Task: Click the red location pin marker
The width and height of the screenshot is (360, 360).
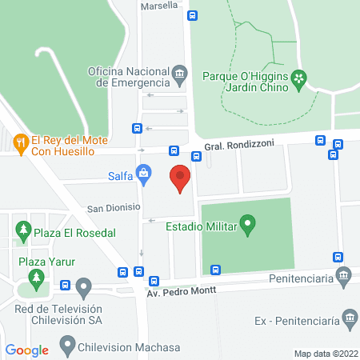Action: click(x=181, y=178)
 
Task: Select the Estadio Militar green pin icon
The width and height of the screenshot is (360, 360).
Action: click(x=248, y=227)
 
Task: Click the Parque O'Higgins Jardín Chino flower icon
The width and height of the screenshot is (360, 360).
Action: click(x=299, y=78)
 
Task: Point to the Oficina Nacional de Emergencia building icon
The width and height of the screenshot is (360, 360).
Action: click(x=180, y=76)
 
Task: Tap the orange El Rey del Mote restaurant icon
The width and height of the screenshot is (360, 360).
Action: click(x=20, y=144)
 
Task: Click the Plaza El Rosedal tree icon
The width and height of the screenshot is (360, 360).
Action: click(x=23, y=232)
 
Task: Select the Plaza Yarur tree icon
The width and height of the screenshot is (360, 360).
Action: click(x=34, y=278)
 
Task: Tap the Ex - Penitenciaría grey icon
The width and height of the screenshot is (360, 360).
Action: click(x=349, y=320)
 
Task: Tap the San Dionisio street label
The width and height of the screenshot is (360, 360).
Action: click(x=114, y=207)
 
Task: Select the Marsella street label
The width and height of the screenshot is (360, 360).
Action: click(x=159, y=6)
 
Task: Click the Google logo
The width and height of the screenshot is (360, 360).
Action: click(x=26, y=350)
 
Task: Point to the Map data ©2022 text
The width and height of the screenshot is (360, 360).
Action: click(x=324, y=354)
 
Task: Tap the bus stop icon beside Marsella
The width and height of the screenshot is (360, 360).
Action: click(x=192, y=14)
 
